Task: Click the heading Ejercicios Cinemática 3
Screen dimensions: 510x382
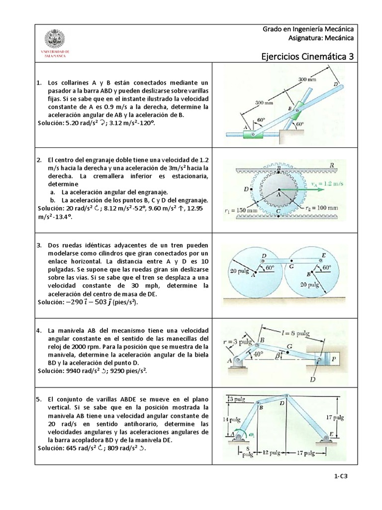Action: click(307, 56)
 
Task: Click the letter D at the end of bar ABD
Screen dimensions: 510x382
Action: click(336, 85)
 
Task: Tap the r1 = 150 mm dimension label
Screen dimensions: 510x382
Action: click(241, 210)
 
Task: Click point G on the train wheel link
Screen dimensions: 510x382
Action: click(290, 266)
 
